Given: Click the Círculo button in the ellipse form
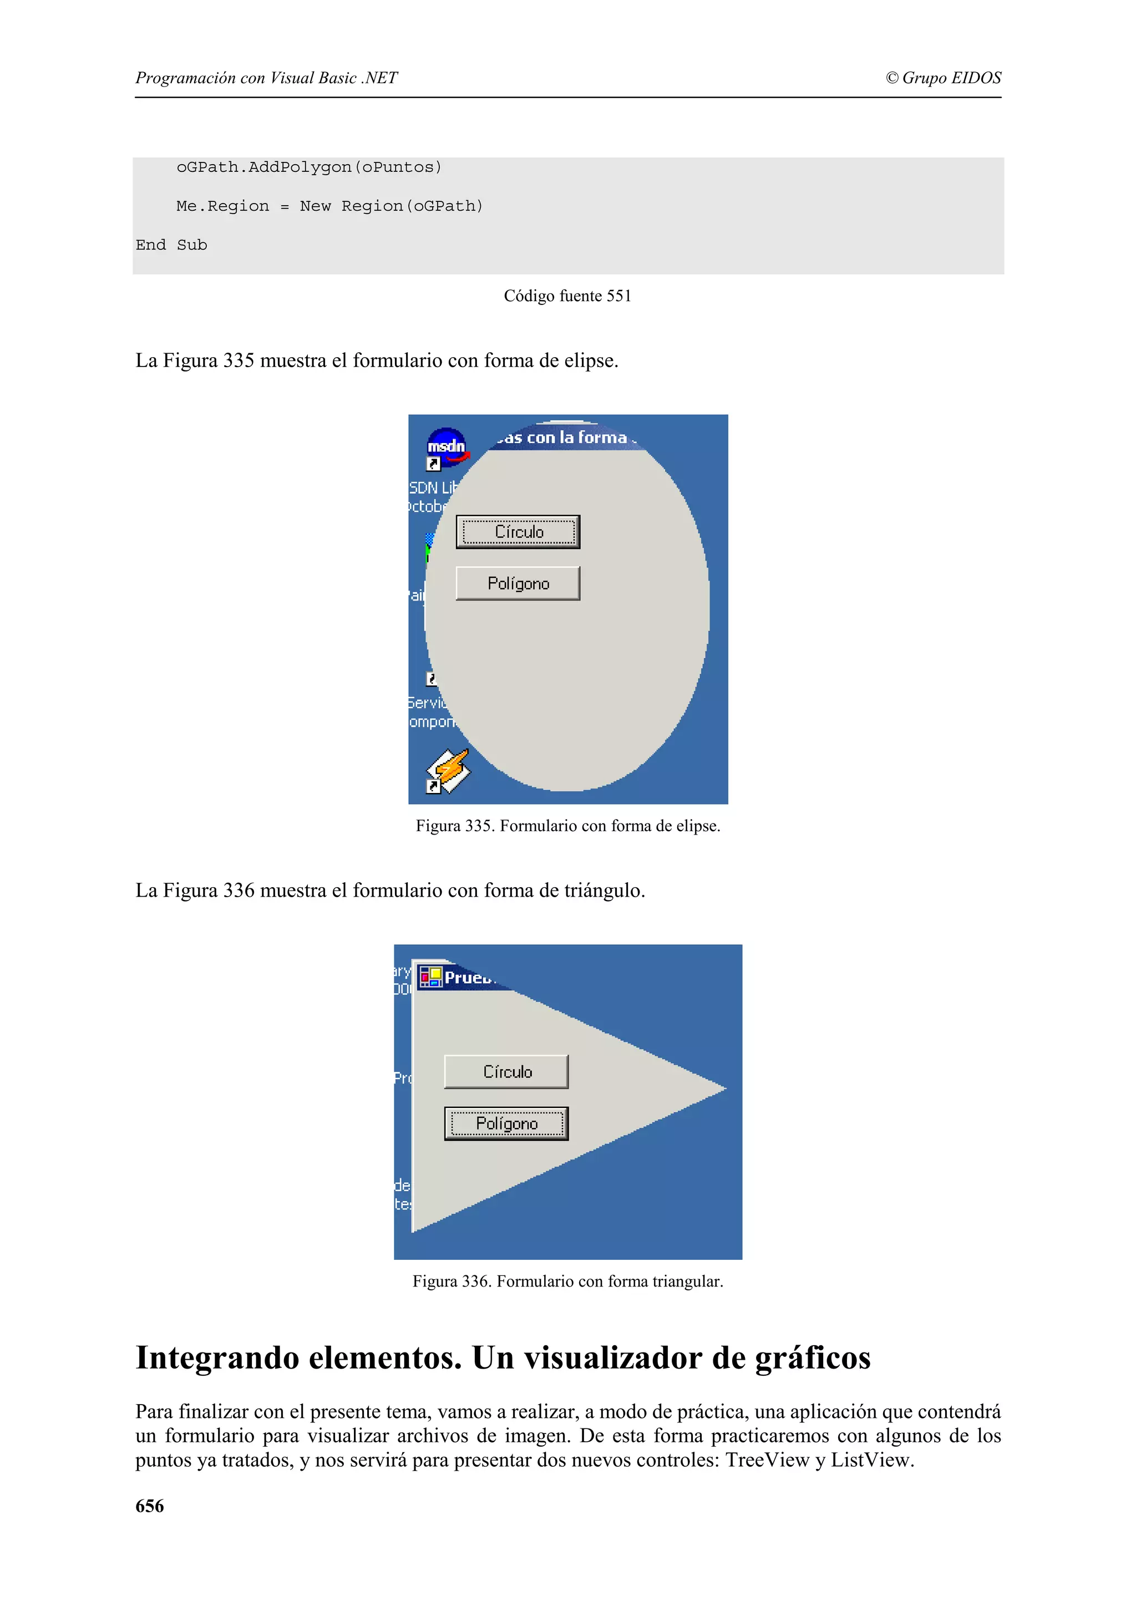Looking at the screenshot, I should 518,532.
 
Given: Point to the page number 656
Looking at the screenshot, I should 150,1506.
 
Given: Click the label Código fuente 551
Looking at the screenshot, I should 567,296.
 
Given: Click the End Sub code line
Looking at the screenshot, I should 171,245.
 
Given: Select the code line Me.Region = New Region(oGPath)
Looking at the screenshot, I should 329,206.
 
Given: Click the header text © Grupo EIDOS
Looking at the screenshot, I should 944,78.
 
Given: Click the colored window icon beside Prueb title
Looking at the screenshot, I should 430,977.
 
